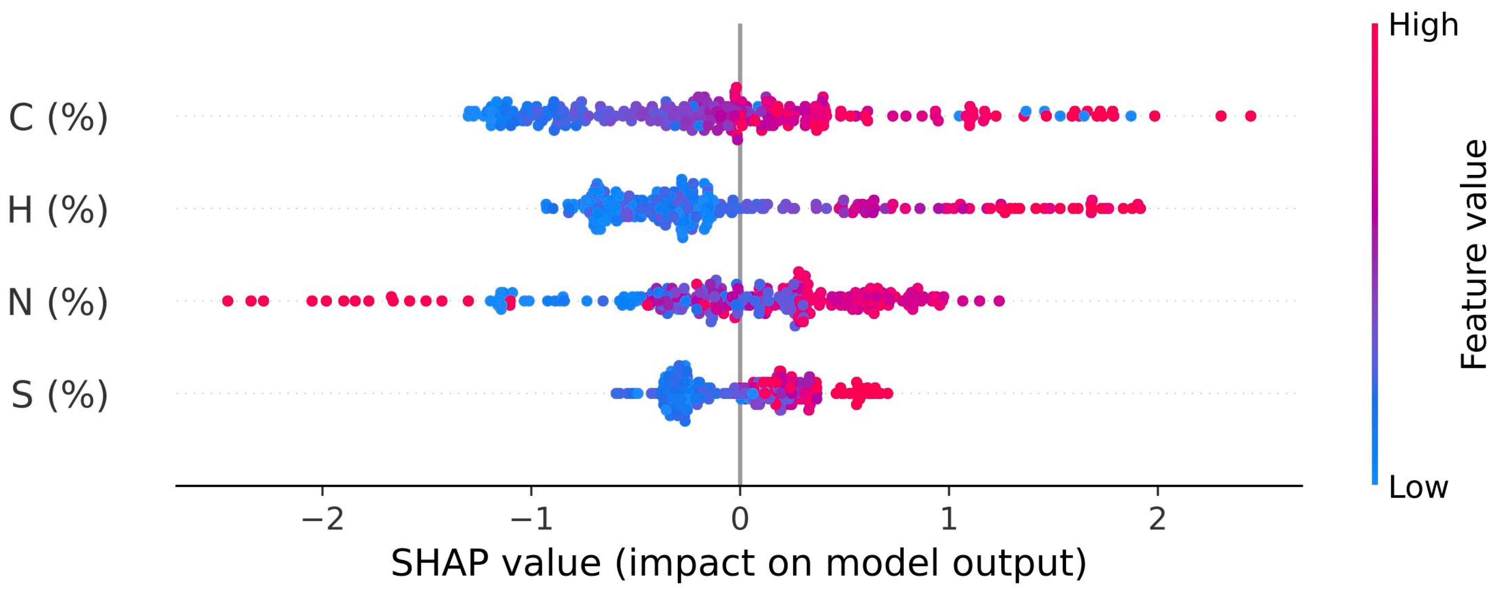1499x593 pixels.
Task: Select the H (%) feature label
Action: click(58, 210)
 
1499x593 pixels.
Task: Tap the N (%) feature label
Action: click(58, 302)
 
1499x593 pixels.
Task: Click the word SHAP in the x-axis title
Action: click(443, 563)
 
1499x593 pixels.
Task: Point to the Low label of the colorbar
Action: click(1418, 487)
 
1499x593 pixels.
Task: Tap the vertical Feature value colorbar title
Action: click(1473, 254)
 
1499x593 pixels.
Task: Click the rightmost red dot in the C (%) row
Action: click(1251, 116)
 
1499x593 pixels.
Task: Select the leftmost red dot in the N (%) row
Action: click(228, 301)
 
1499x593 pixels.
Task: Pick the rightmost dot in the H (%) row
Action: click(1140, 208)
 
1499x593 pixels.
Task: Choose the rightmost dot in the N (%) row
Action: click(999, 301)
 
